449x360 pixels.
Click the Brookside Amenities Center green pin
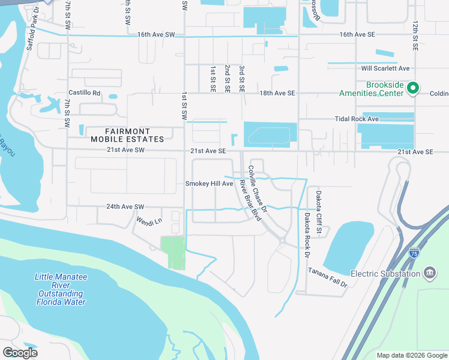coord(412,89)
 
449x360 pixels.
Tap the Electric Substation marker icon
coord(429,274)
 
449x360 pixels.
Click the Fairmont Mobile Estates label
coord(127,135)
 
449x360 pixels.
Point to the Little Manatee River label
coord(59,289)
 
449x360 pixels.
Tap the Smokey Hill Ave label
coord(209,184)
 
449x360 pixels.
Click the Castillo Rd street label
coord(84,93)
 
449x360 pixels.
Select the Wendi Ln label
coord(149,221)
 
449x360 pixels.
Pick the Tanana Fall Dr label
coord(328,278)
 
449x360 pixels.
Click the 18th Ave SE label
coord(277,93)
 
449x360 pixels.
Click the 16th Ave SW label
coord(155,35)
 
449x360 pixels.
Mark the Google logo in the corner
coord(20,353)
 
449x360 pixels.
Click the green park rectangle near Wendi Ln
coord(173,253)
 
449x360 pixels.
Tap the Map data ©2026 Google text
coord(411,355)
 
